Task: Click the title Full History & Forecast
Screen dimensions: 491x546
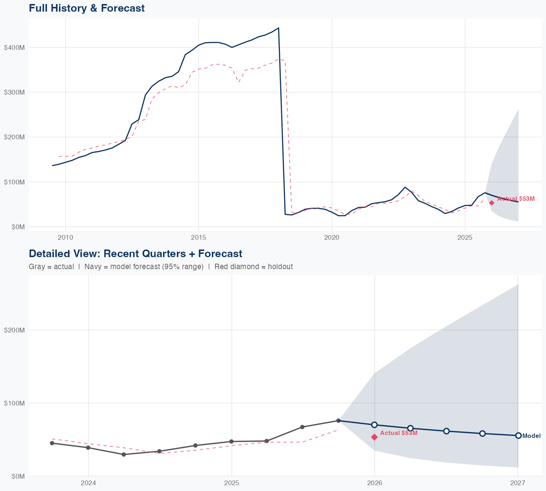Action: point(87,8)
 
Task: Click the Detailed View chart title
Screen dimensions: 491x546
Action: point(135,254)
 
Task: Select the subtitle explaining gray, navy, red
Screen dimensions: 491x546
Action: point(161,267)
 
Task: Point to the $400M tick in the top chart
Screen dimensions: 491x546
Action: point(14,48)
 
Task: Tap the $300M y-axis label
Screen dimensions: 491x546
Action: point(14,92)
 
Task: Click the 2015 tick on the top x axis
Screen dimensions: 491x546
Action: point(199,237)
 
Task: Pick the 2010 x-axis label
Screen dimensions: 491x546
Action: point(66,237)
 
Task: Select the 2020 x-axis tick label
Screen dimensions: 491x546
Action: point(332,237)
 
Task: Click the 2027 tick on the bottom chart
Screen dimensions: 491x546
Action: point(518,483)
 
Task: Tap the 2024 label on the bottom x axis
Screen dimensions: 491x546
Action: point(88,483)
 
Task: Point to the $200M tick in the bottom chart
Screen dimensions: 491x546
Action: point(14,330)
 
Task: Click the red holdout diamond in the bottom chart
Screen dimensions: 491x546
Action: point(374,437)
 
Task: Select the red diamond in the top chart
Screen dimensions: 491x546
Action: point(491,203)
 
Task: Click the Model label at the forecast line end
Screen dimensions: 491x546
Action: point(531,436)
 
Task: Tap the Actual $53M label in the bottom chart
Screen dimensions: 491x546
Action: point(399,433)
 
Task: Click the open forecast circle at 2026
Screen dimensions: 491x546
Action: point(374,425)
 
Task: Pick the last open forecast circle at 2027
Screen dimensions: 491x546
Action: point(518,435)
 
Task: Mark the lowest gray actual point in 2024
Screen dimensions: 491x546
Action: point(124,454)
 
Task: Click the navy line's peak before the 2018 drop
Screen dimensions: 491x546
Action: point(278,28)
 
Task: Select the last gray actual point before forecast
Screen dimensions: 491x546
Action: point(338,420)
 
